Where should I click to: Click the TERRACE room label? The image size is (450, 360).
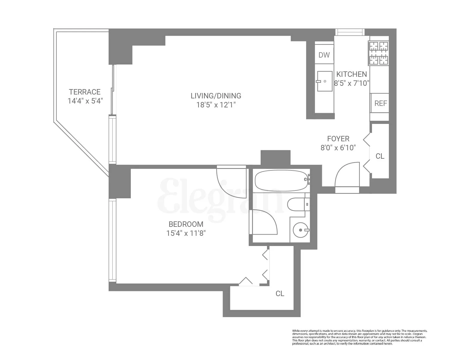click(x=85, y=92)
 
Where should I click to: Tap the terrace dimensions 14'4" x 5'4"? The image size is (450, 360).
click(x=85, y=101)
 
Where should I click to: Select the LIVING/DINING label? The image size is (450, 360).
click(x=216, y=96)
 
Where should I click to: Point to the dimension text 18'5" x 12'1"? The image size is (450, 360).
click(x=216, y=105)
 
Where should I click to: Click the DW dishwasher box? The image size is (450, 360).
click(x=324, y=55)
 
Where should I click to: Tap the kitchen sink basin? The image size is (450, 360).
click(x=325, y=81)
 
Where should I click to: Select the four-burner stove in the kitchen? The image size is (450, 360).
click(x=379, y=53)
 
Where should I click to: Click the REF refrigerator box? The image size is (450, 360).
click(x=380, y=103)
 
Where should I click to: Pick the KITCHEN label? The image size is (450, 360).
click(x=351, y=74)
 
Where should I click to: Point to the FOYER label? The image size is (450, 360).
click(x=338, y=139)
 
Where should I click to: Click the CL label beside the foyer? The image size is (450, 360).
click(x=380, y=156)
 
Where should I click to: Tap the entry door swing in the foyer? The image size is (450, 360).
click(x=347, y=175)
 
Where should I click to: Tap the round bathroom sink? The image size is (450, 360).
click(x=300, y=230)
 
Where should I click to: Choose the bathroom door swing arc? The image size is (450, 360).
click(x=264, y=222)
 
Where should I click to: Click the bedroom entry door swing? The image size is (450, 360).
click(x=231, y=183)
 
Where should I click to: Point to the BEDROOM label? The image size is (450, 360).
click(x=186, y=224)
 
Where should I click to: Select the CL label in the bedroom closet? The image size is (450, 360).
click(x=280, y=293)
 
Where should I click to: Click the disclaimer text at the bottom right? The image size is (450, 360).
click(x=359, y=337)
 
